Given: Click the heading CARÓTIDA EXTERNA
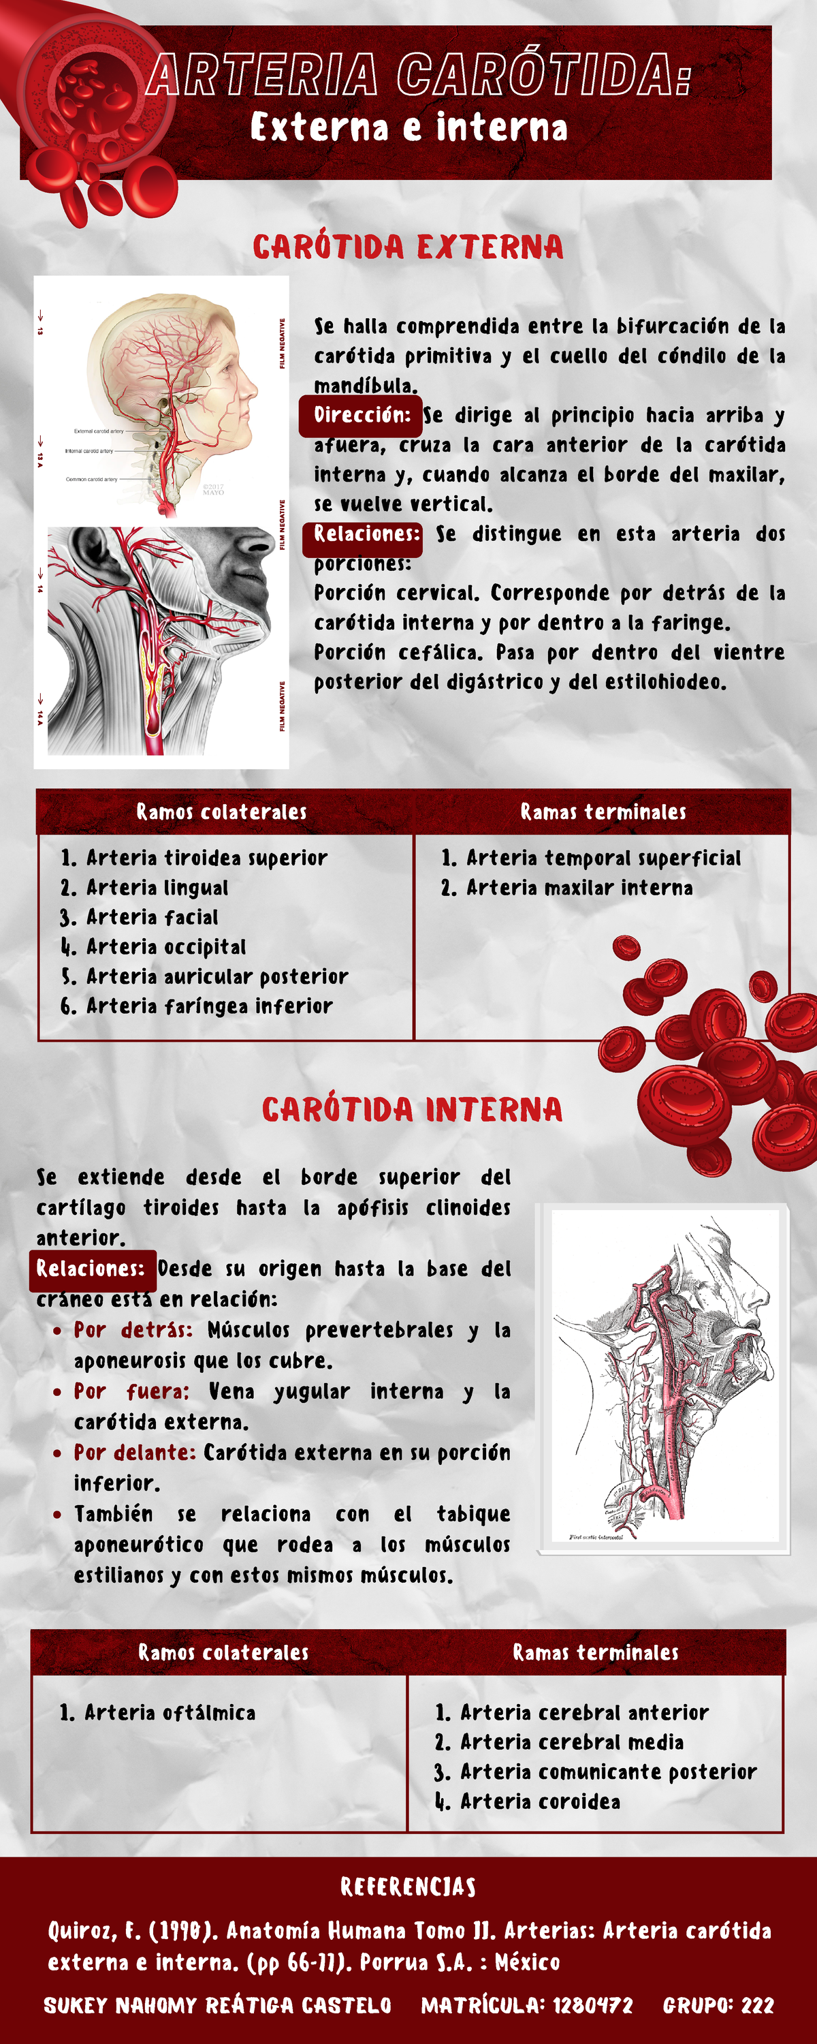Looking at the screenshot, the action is coord(408,247).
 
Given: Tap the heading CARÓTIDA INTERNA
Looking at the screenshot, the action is coord(412,1109).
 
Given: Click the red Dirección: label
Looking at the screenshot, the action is coord(361,415).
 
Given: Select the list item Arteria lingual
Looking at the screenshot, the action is coord(157,888).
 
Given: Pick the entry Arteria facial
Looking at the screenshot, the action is coord(152,917).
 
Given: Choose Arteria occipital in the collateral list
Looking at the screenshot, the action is coord(165,946).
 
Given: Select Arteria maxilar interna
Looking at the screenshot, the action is coord(579,888).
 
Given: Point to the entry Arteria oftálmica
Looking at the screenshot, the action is coord(170,1713).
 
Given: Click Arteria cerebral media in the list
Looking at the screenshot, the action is coord(572,1742).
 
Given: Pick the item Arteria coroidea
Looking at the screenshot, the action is coord(540,1802).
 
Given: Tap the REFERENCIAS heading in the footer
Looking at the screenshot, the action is coord(408,1887).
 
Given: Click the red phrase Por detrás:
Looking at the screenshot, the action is coord(133,1330).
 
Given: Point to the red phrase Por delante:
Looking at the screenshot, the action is coord(135,1453).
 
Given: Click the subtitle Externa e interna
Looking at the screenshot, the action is coord(408,128).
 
